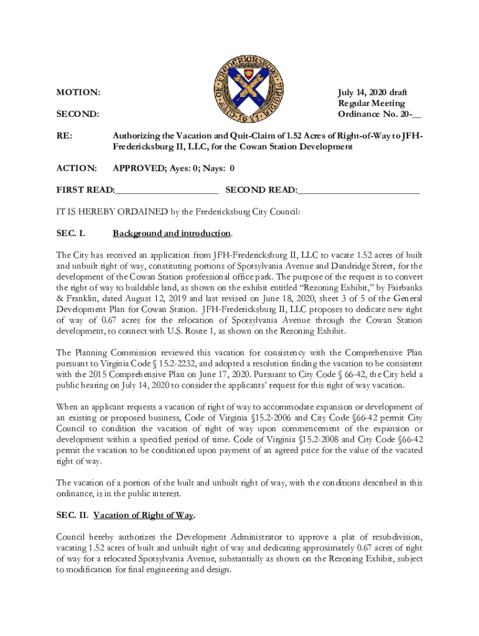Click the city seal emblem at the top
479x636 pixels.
240,84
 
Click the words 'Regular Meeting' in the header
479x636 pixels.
371,104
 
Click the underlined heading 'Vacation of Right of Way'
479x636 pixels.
144,516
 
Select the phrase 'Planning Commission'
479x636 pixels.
114,352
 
